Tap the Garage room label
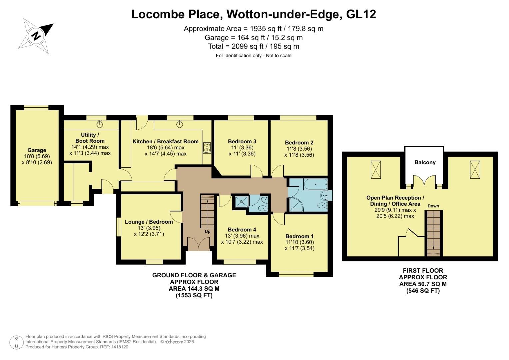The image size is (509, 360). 37,150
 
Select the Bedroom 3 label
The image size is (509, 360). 242,141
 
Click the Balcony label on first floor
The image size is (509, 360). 425,162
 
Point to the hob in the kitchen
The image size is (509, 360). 207,148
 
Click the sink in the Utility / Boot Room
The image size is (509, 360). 100,124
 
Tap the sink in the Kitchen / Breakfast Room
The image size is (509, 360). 180,124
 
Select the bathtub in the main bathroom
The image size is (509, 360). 315,184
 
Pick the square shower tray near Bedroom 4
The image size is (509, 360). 240,201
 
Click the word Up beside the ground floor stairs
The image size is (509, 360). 207,231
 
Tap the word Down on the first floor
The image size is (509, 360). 433,206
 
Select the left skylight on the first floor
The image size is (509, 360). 375,169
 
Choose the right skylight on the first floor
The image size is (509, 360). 475,169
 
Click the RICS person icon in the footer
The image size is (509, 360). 16,342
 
